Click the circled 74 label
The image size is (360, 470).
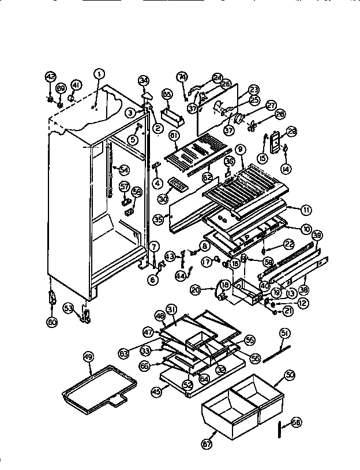click(x=182, y=77)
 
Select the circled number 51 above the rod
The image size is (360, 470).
click(x=284, y=333)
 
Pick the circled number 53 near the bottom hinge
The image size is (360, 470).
click(x=69, y=308)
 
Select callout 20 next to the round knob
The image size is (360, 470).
click(x=196, y=289)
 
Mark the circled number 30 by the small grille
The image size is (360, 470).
click(x=163, y=198)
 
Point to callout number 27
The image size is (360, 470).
click(x=271, y=106)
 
